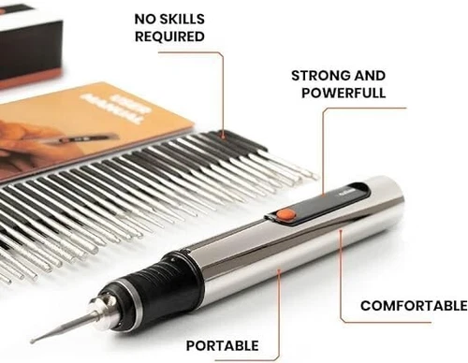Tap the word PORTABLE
tap(222, 345)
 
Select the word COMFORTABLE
tap(413, 306)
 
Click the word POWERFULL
tap(343, 94)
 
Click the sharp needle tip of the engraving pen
tap(34, 339)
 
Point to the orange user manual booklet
tap(84, 131)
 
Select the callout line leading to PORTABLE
tap(279, 309)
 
